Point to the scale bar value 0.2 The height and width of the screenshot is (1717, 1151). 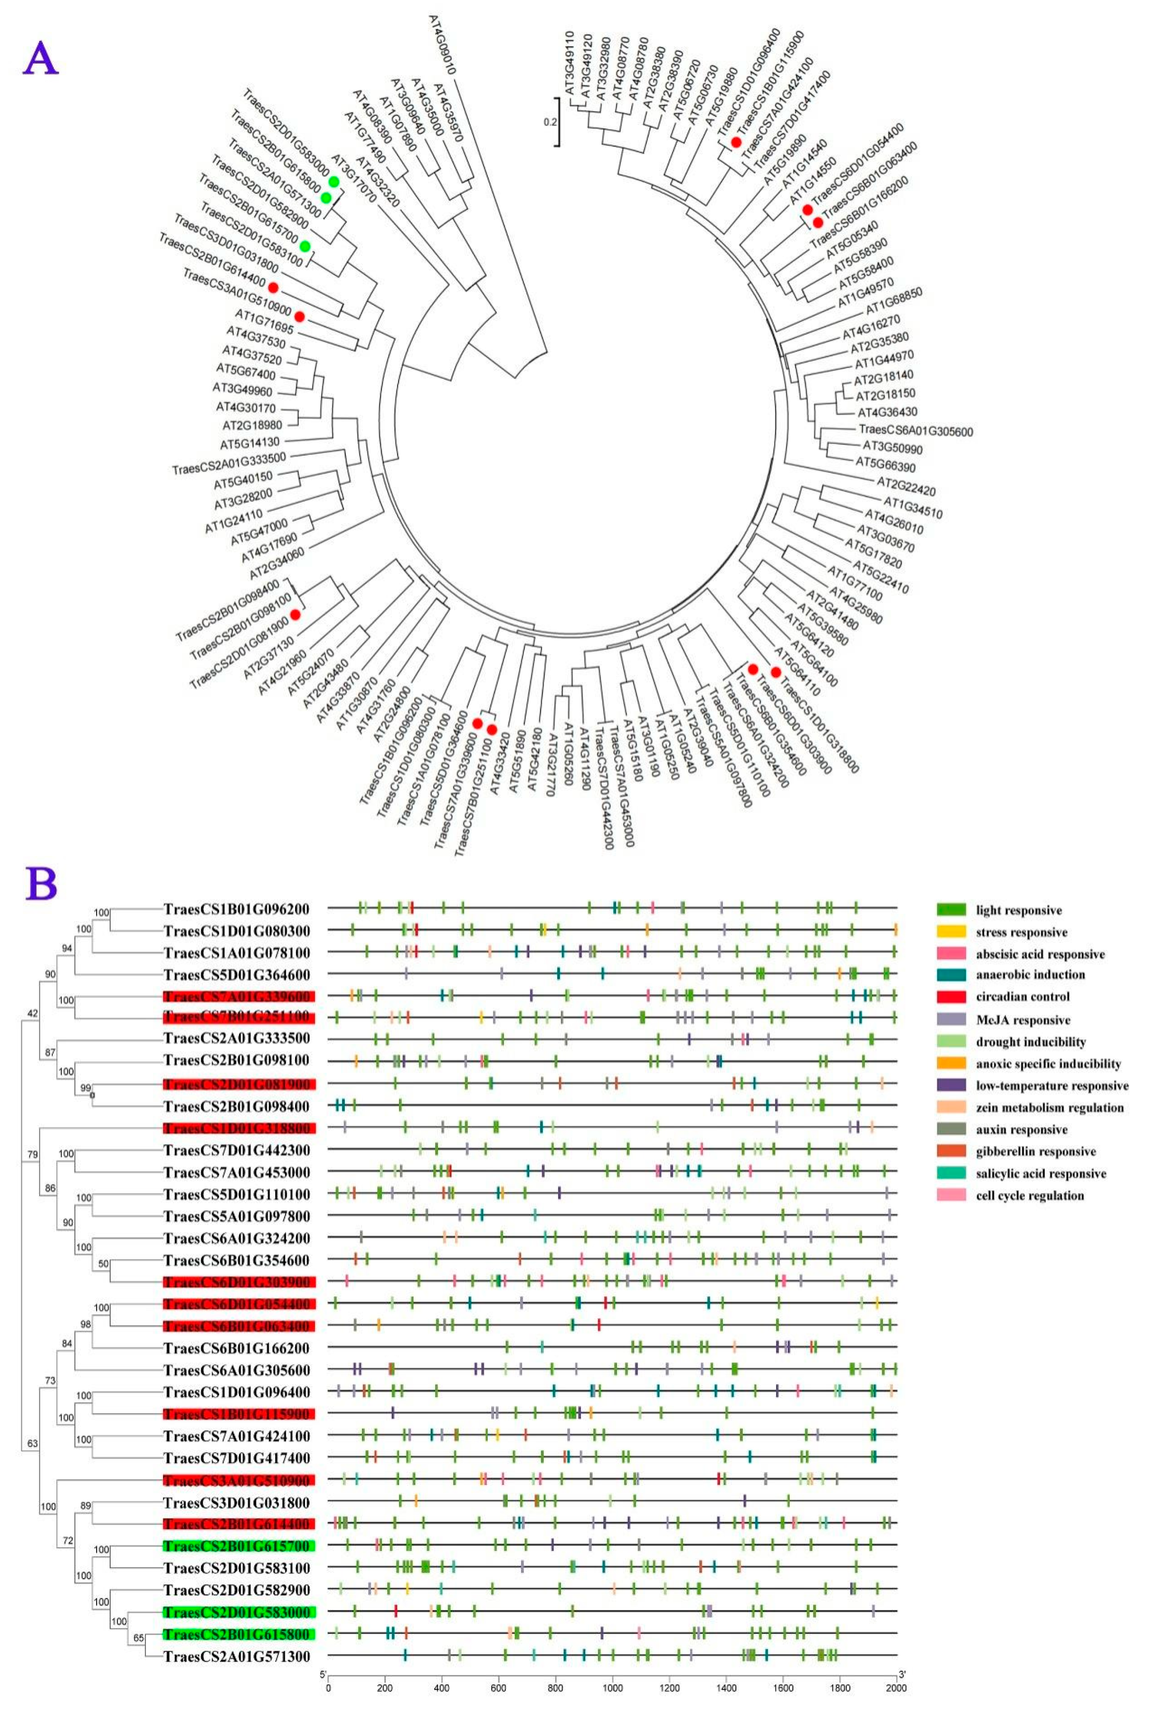point(550,123)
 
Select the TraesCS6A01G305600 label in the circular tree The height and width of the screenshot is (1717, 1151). point(915,432)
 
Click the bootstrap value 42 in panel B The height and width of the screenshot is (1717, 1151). point(32,1014)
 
